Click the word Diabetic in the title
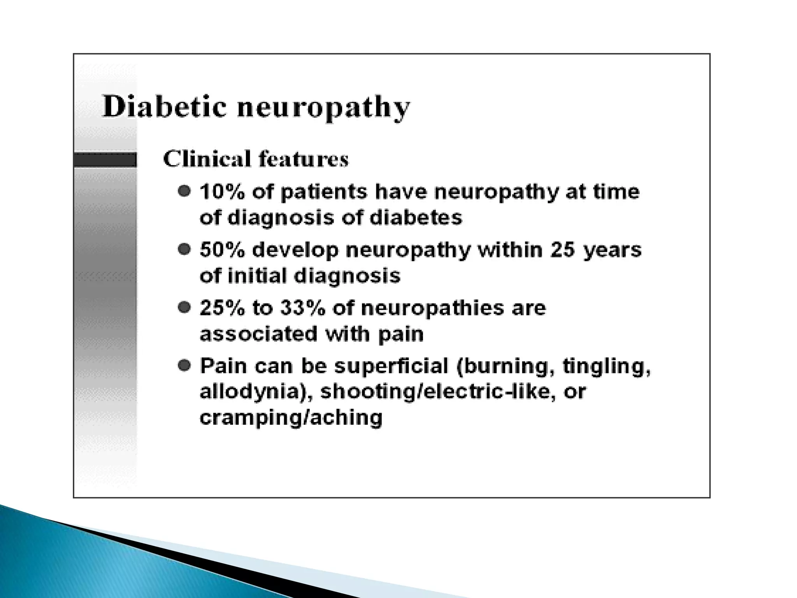164,107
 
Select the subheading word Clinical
207,159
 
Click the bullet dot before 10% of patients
184,191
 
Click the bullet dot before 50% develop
184,249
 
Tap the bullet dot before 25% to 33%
184,308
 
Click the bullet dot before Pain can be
184,365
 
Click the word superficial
391,367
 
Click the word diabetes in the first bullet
416,218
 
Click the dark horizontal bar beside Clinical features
105,160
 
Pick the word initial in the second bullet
257,276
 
